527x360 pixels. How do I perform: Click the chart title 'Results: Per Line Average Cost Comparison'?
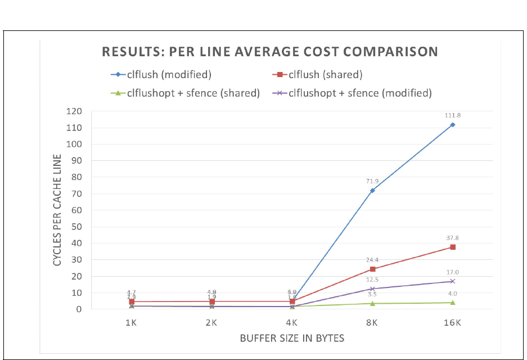pyautogui.click(x=269, y=52)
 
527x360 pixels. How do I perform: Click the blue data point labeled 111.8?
pyautogui.click(x=453, y=125)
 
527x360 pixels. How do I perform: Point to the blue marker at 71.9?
pyautogui.click(x=372, y=191)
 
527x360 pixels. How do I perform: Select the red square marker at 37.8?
pyautogui.click(x=453, y=247)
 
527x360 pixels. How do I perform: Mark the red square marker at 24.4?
pyautogui.click(x=372, y=269)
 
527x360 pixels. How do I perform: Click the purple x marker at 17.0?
pyautogui.click(x=453, y=281)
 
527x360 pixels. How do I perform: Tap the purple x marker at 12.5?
pyautogui.click(x=372, y=289)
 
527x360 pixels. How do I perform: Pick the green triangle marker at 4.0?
pyautogui.click(x=453, y=303)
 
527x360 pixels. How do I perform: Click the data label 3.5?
pyautogui.click(x=372, y=294)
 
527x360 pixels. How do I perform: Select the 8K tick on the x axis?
pyautogui.click(x=372, y=323)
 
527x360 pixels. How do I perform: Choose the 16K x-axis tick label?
pyautogui.click(x=453, y=323)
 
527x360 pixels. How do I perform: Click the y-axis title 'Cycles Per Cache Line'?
pyautogui.click(x=57, y=210)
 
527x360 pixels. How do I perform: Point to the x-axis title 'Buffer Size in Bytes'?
pyautogui.click(x=292, y=339)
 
